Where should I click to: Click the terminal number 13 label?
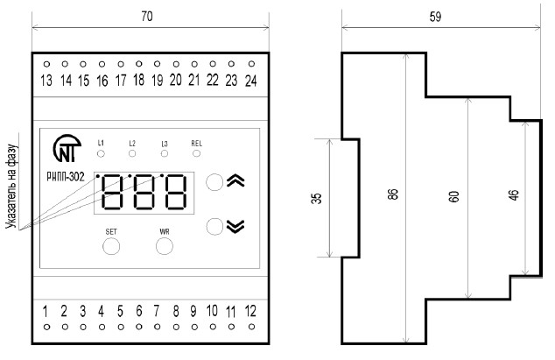[x=46, y=81]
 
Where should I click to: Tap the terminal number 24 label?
[x=250, y=81]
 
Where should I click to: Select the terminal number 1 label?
[x=45, y=312]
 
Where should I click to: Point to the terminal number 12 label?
[x=250, y=311]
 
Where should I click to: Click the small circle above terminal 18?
[x=138, y=64]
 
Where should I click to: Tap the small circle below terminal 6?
[x=138, y=327]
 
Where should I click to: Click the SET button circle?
[x=111, y=246]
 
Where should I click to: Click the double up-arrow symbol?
[x=235, y=180]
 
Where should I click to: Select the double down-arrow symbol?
[x=235, y=226]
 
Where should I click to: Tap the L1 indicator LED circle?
[x=101, y=154]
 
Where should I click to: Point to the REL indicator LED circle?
[x=196, y=153]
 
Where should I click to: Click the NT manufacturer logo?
[x=67, y=148]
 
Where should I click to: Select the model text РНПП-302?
[x=66, y=176]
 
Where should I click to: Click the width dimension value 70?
[x=147, y=17]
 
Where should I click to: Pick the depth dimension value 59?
[x=435, y=17]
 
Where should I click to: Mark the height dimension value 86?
[x=393, y=194]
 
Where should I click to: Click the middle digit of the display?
[x=144, y=192]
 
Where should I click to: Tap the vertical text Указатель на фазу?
[x=11, y=187]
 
